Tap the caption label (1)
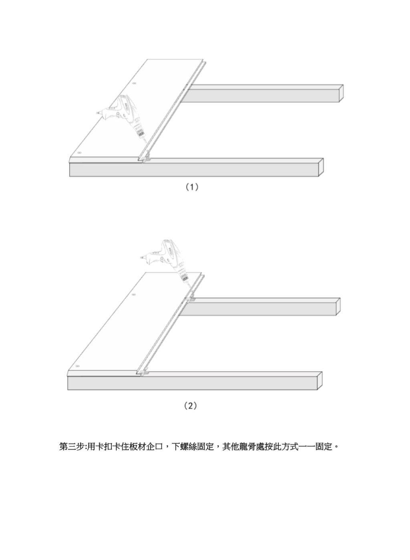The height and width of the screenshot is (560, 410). coord(191,187)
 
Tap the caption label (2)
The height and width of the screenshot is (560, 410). coord(190,406)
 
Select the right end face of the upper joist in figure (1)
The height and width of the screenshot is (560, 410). coord(340,92)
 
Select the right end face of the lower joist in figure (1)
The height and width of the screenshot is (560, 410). coord(320,167)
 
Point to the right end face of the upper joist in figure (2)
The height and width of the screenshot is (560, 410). coord(337,306)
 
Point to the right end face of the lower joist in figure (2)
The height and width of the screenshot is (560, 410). coord(319,380)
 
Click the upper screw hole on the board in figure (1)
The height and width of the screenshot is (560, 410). coord(134,84)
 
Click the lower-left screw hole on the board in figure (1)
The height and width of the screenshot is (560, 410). coord(79,153)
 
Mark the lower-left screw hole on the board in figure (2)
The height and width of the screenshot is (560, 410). coord(78,366)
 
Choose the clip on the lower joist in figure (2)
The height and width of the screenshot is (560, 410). coord(145,372)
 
